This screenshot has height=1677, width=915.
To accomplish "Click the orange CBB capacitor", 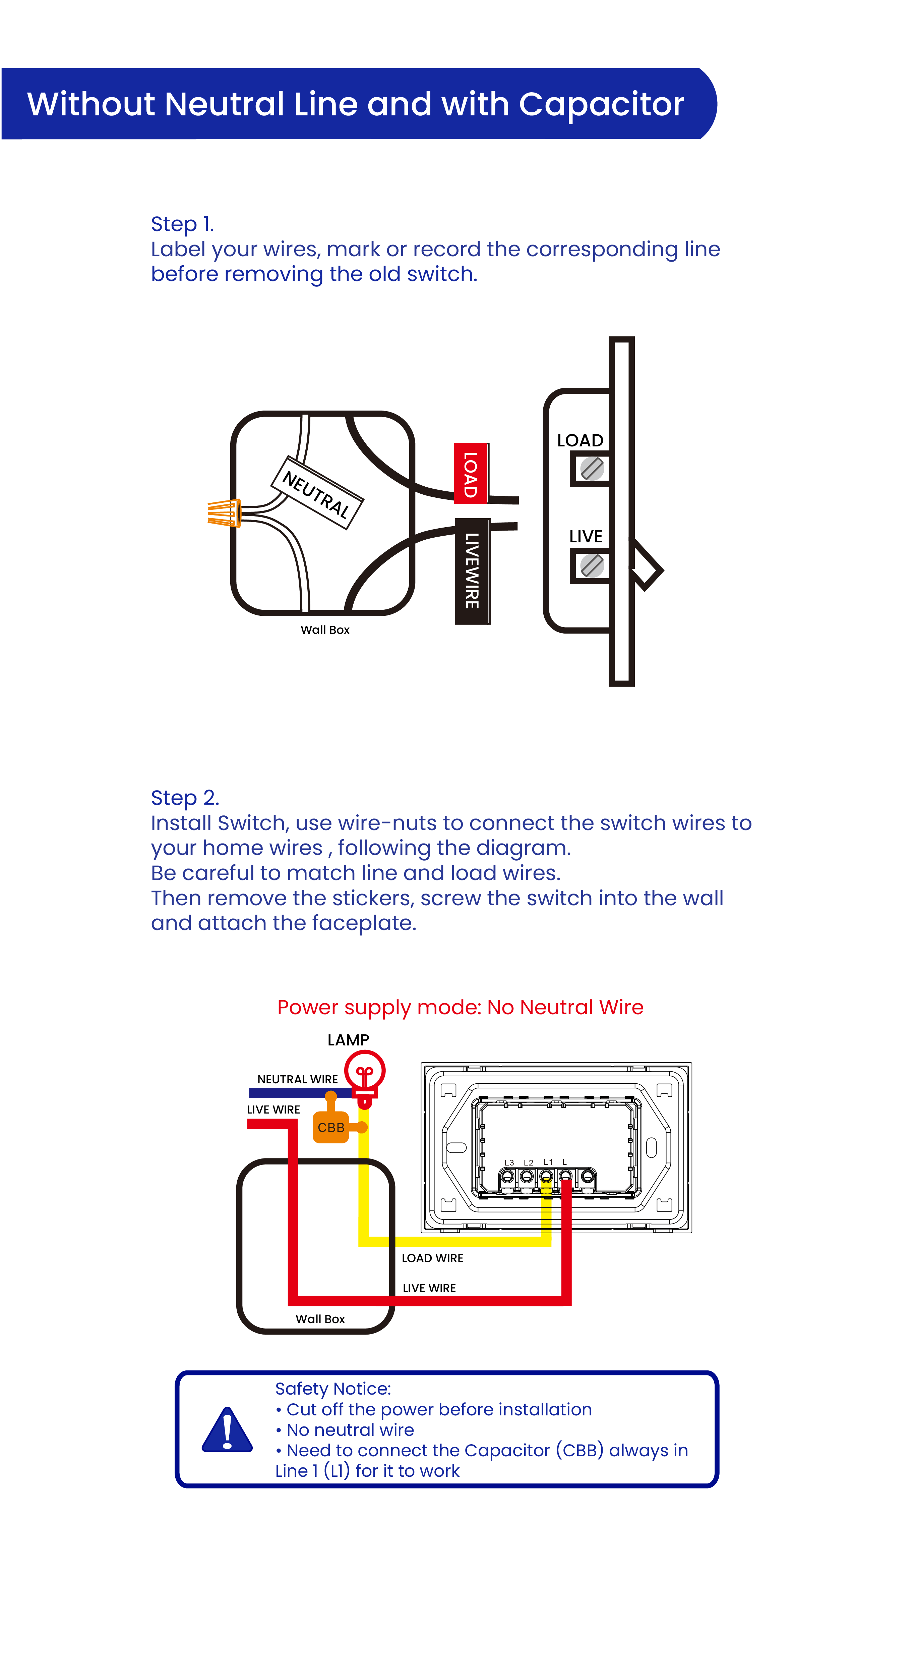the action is tap(331, 1127).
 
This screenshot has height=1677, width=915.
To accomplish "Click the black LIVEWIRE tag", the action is tap(473, 571).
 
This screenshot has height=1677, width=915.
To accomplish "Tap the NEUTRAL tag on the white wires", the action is tap(317, 493).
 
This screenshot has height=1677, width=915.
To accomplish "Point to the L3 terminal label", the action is tap(509, 1163).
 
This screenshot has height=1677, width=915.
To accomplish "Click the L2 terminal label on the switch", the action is tap(529, 1163).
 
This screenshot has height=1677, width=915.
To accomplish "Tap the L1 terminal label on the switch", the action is tap(548, 1162).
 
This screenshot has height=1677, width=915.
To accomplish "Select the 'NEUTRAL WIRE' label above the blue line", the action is tap(297, 1079).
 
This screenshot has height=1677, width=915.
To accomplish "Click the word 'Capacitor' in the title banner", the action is tap(601, 104).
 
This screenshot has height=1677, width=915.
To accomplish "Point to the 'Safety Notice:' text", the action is tap(332, 1389).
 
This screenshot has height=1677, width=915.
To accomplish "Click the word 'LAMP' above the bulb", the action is tap(348, 1040).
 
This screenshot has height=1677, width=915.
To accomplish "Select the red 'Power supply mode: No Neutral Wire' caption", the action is tap(460, 1007).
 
